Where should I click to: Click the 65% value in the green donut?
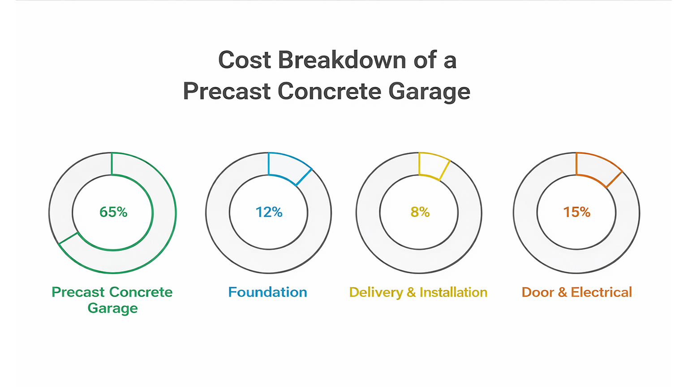click(x=113, y=212)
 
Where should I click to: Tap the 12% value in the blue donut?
click(x=269, y=212)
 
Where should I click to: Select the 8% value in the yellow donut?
click(x=420, y=212)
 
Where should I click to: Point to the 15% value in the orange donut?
click(x=576, y=212)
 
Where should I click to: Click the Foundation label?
click(x=267, y=292)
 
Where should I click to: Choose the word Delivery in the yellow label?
click(x=375, y=292)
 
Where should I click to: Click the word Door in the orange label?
click(x=537, y=292)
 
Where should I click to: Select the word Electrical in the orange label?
click(x=601, y=292)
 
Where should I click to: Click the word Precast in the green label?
click(x=78, y=292)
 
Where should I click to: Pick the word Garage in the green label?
click(x=112, y=308)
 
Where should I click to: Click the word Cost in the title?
click(x=245, y=60)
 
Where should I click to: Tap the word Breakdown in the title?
click(x=342, y=60)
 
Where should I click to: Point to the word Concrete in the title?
click(x=329, y=91)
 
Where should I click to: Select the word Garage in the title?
click(x=429, y=92)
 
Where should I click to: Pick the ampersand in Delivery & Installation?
click(x=411, y=292)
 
